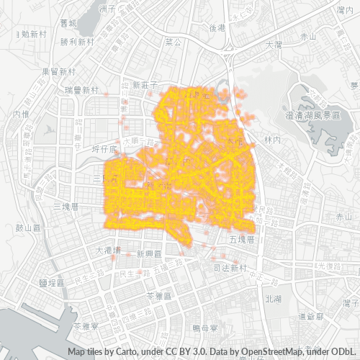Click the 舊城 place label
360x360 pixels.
(68, 22)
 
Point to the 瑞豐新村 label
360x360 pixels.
(81, 91)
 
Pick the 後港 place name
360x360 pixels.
(217, 27)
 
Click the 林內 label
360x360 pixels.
(271, 139)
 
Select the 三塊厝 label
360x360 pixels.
(70, 207)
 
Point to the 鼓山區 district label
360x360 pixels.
(30, 228)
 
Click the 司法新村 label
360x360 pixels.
(230, 268)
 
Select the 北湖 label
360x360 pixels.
(273, 299)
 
